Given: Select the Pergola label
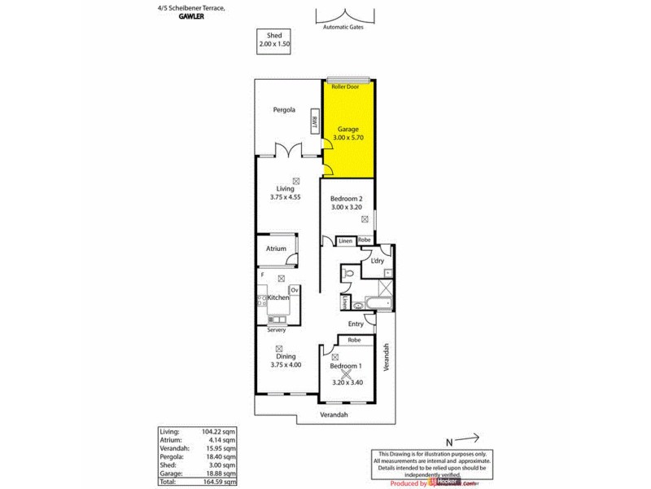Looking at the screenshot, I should pos(284,109).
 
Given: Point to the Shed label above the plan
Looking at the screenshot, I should pos(267,34).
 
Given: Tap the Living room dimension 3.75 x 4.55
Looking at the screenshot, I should pos(285,196).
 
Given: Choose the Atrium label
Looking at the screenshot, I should pos(275,249).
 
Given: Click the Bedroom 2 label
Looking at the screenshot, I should pos(346,199).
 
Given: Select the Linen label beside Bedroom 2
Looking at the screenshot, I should pos(345,240).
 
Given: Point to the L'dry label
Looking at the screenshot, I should pos(377,261).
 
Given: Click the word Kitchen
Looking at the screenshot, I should pos(279,298).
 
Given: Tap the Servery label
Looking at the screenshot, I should pos(277,329).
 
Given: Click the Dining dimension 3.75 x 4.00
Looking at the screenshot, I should pos(285,364).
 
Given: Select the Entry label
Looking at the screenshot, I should pos(356,324).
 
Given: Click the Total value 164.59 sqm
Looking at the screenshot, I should pos(219,481).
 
